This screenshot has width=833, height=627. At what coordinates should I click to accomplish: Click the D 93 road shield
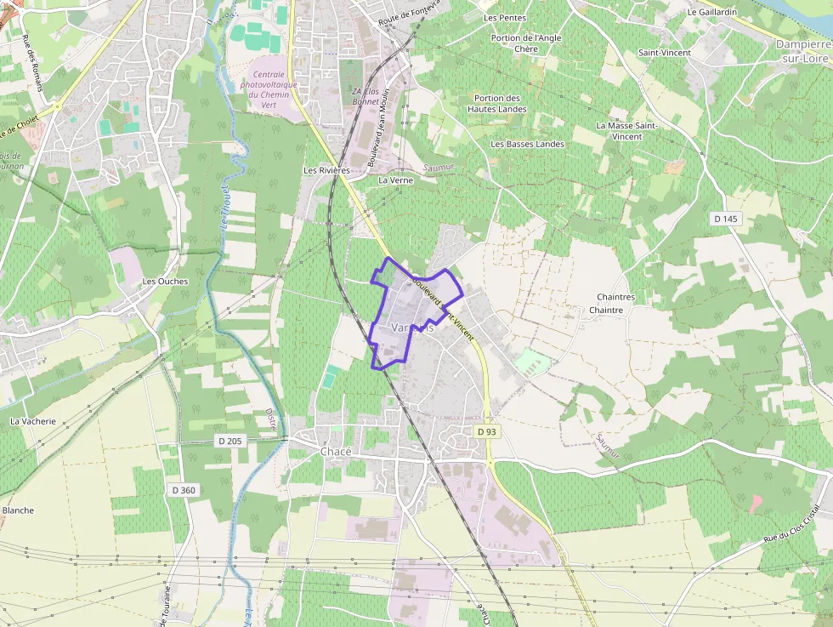[x=486, y=431]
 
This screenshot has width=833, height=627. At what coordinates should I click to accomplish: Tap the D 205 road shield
[x=229, y=441]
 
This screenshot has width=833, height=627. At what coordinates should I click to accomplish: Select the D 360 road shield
[x=183, y=490]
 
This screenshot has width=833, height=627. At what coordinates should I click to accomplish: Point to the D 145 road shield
[x=726, y=219]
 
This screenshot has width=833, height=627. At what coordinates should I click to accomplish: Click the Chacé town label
[x=336, y=452]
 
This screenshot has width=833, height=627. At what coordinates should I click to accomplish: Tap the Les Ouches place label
[x=165, y=282]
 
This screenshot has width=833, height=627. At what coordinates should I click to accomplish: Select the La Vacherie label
[x=33, y=421]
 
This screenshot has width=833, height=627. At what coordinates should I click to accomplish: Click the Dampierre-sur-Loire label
[x=803, y=51]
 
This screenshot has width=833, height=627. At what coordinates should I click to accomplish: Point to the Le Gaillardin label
[x=712, y=12]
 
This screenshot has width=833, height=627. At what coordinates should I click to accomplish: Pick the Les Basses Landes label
[x=527, y=144]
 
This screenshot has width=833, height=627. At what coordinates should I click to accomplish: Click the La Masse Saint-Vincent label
[x=626, y=130]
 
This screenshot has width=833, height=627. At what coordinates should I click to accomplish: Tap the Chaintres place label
[x=615, y=297]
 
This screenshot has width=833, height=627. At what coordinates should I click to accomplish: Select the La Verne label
[x=395, y=180]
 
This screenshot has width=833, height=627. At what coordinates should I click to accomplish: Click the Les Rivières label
[x=326, y=170]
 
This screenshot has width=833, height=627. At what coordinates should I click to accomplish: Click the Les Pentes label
[x=505, y=17]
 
